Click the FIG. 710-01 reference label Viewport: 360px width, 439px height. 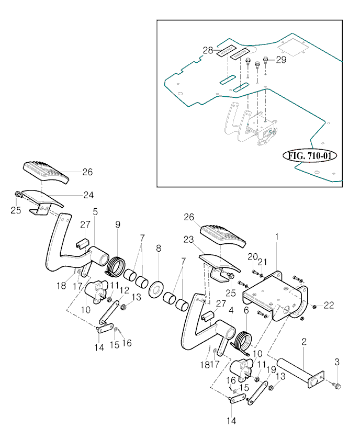pos(310,155)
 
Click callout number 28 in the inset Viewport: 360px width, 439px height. pos(208,50)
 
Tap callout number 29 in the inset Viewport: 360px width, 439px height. pos(281,61)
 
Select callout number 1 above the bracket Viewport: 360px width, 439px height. pos(277,237)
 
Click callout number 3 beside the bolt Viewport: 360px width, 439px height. pos(337,361)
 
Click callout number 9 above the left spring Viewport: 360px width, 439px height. pos(118,224)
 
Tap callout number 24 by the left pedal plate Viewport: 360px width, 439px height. pos(88,195)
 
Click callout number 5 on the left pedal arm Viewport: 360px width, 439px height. pos(95,211)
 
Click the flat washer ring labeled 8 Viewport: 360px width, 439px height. pos(154,288)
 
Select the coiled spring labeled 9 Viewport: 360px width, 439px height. pos(116,265)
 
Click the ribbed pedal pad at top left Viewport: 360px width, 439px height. pos(46,172)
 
